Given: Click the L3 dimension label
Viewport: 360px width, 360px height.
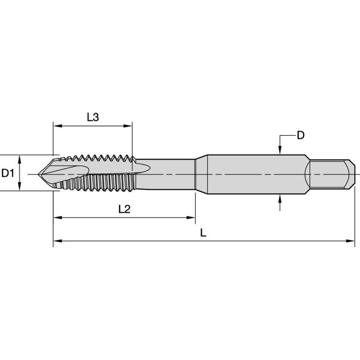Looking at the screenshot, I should (93, 117).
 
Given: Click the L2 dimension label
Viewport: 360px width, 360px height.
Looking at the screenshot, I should (124, 210).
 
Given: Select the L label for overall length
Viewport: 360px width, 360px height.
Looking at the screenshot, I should (203, 233).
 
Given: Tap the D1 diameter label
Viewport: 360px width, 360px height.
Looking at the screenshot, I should (8, 173).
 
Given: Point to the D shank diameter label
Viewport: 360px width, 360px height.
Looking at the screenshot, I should (300, 135).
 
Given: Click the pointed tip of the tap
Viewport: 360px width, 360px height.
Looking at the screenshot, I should (40, 174).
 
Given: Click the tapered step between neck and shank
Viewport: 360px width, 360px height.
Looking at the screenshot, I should (201, 174).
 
